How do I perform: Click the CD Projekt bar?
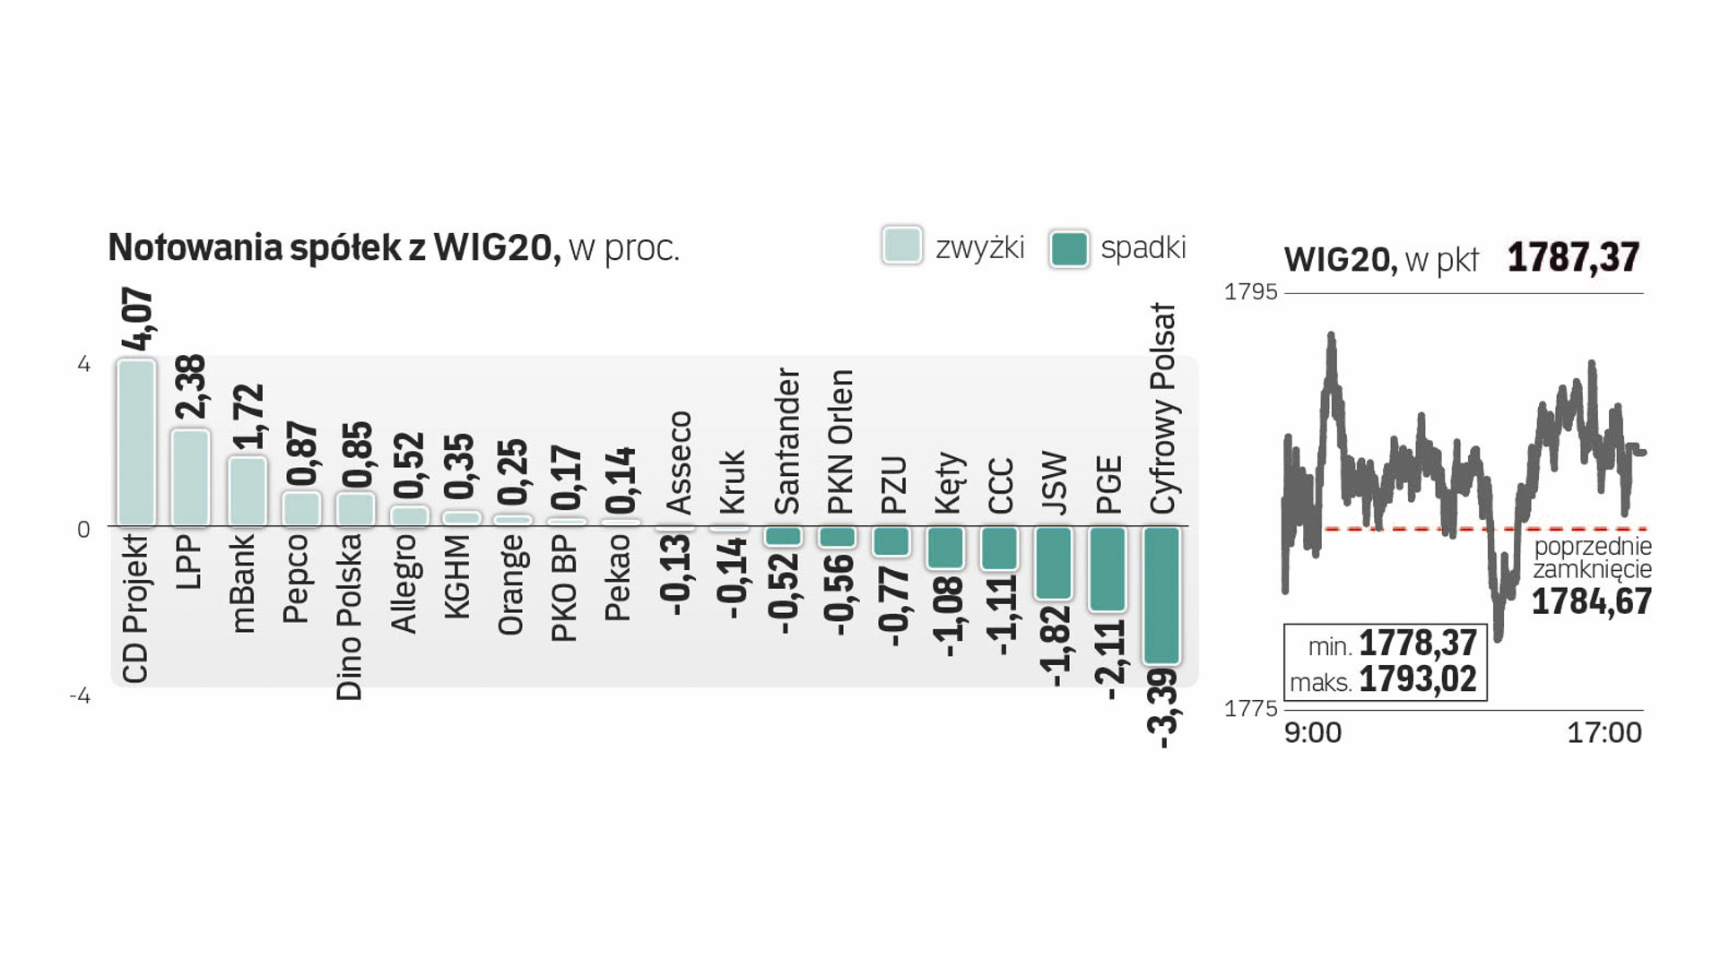coord(136,443)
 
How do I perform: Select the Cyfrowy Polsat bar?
coord(1161,595)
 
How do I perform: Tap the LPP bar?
coord(190,478)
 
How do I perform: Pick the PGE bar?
coord(1108,569)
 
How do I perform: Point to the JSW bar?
coord(1054,563)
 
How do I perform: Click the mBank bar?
coord(247,491)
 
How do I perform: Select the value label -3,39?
coord(1162,708)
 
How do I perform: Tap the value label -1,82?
coord(1056,646)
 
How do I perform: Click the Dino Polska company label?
coord(350,618)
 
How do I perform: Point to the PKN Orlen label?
coord(840,442)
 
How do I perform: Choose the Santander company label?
coord(787,441)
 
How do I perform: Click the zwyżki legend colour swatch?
coord(901,246)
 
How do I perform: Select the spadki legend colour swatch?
coord(1068,248)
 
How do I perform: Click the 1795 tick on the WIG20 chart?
coord(1250,292)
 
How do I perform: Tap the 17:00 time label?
coord(1604,733)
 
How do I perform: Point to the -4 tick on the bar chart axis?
coord(81,696)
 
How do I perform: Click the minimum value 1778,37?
coord(1417,644)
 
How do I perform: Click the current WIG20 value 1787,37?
coord(1573,258)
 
